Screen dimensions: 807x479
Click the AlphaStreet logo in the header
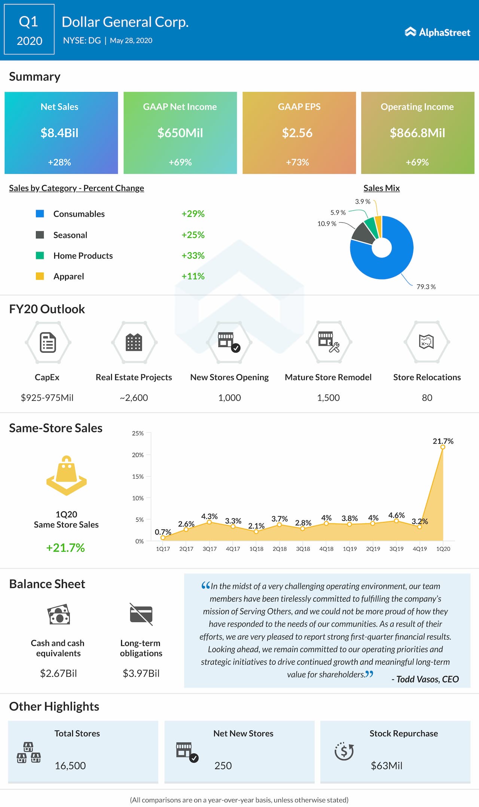pyautogui.click(x=437, y=32)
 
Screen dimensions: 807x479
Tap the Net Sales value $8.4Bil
pyautogui.click(x=60, y=133)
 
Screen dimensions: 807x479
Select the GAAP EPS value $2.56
pyautogui.click(x=297, y=133)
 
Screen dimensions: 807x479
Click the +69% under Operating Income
pyautogui.click(x=417, y=162)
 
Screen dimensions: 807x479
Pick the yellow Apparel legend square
pyautogui.click(x=40, y=276)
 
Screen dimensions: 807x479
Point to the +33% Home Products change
pyautogui.click(x=193, y=256)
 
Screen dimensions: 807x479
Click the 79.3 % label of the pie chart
pyautogui.click(x=426, y=287)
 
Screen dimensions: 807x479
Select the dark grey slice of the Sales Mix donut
pyautogui.click(x=363, y=233)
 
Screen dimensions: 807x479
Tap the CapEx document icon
pyautogui.click(x=48, y=342)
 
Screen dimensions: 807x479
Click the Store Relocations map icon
pyautogui.click(x=427, y=342)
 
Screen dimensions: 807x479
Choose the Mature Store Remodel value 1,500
pyautogui.click(x=328, y=398)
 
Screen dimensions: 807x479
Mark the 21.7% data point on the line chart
pyautogui.click(x=443, y=447)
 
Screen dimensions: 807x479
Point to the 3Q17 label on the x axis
pyautogui.click(x=210, y=549)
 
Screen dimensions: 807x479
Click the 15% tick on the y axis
pyautogui.click(x=138, y=476)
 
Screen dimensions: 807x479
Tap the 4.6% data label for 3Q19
pyautogui.click(x=396, y=515)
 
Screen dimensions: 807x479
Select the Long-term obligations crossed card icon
pyautogui.click(x=141, y=614)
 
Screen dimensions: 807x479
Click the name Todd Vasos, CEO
pyautogui.click(x=425, y=679)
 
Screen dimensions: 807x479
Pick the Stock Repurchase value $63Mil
pyautogui.click(x=387, y=765)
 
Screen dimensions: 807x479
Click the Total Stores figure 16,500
pyautogui.click(x=70, y=765)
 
